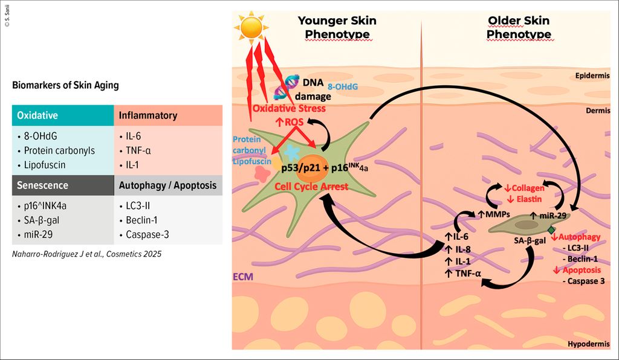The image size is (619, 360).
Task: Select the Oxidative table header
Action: [x=37, y=115]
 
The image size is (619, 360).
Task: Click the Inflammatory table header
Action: [x=148, y=115]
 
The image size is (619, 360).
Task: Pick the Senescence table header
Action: [x=42, y=185]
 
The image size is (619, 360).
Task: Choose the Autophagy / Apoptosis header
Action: [x=168, y=185]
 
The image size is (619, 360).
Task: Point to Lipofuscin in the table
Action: [x=45, y=165]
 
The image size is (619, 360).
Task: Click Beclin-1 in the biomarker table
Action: [x=143, y=219]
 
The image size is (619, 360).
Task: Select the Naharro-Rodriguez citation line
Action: [x=87, y=254]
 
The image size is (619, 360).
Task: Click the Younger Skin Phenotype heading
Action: [x=337, y=27]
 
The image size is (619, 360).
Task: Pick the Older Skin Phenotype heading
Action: [x=519, y=27]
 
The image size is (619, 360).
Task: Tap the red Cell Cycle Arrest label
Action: [x=311, y=187]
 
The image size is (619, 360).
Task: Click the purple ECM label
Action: [x=243, y=277]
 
